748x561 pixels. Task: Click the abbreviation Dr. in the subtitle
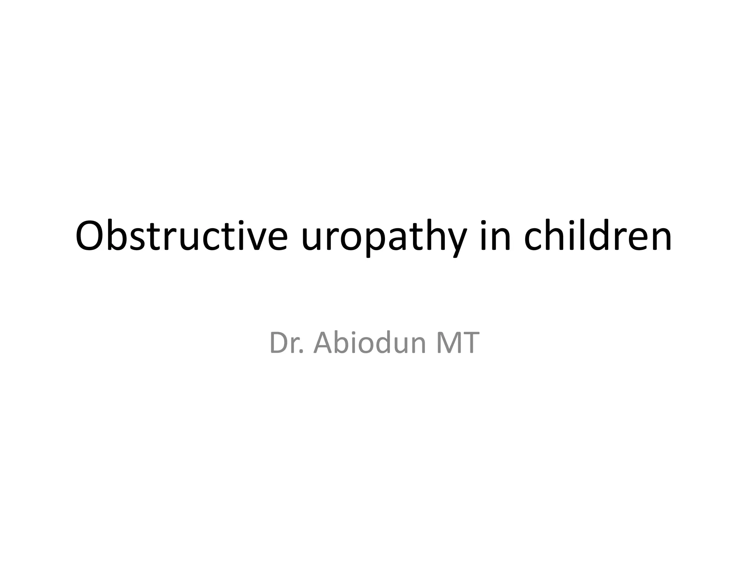[286, 343]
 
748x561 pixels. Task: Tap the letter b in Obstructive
[118, 236]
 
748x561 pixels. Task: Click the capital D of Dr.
[279, 343]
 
